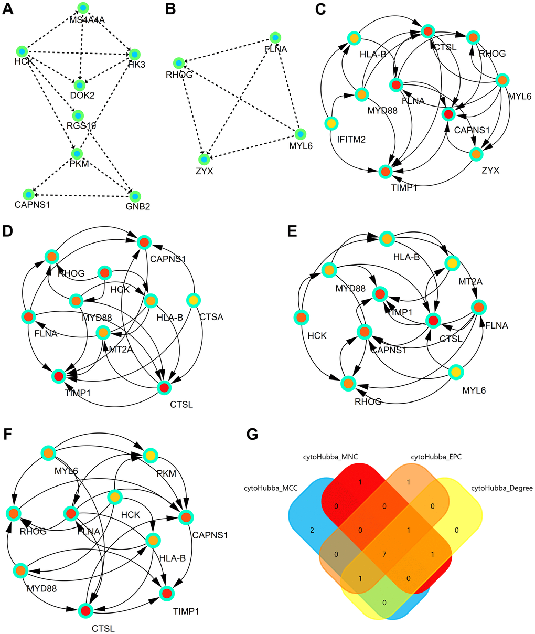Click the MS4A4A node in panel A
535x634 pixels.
[x=83, y=7]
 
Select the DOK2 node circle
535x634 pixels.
[x=79, y=84]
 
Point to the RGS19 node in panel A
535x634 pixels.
[x=79, y=115]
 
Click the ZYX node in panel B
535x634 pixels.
[x=204, y=158]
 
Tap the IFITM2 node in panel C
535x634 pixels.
[x=330, y=123]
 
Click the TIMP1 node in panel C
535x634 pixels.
[x=386, y=171]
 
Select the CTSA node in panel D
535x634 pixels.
[x=194, y=300]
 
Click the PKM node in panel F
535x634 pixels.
[x=151, y=456]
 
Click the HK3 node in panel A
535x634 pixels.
[x=135, y=54]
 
